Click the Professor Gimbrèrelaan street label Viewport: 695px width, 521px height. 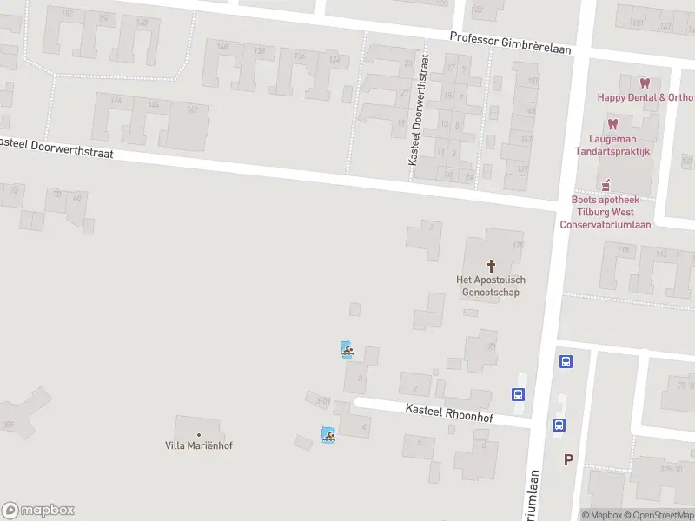click(511, 43)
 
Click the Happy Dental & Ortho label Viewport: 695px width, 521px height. click(645, 97)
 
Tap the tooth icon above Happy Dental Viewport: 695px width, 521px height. click(644, 83)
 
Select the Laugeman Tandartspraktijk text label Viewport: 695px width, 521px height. click(612, 145)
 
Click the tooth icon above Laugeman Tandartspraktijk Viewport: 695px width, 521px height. click(612, 124)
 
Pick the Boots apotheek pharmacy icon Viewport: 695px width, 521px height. click(606, 185)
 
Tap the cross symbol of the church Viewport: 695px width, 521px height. click(491, 265)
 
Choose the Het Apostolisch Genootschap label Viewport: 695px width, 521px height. click(491, 286)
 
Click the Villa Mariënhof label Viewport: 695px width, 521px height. click(199, 445)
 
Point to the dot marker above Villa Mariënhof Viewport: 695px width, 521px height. click(199, 434)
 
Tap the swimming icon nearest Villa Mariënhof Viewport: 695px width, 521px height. click(328, 435)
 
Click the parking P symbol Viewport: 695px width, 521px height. click(568, 459)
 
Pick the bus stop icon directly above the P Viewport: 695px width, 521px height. click(559, 425)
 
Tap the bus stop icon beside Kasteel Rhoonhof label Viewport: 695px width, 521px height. click(518, 394)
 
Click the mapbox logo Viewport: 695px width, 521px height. click(38, 511)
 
